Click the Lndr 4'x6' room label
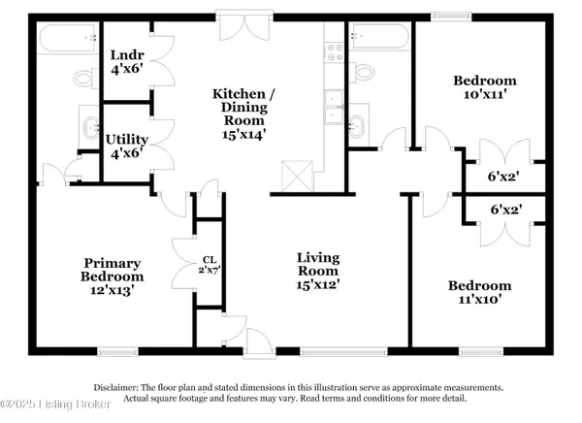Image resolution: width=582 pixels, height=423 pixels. tap(127, 62)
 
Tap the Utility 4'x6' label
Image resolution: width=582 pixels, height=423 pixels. tap(127, 146)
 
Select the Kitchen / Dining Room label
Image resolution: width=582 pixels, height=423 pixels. tap(243, 114)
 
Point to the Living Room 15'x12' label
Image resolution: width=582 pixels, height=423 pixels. tap(318, 271)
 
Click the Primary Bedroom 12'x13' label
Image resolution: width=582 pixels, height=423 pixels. tap(113, 277)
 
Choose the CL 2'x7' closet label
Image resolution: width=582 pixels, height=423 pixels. tap(210, 265)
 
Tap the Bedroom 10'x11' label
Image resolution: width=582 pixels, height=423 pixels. tap(485, 87)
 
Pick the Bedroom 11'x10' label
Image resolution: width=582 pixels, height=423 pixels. tap(480, 292)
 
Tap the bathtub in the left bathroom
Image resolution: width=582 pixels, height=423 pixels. tap(69, 38)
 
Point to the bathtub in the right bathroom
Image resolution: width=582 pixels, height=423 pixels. tap(380, 36)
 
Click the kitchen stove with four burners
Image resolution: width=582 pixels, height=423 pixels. tap(335, 52)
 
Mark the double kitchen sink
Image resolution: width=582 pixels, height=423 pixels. tap(334, 107)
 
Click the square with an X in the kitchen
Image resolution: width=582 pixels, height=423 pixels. tap(297, 176)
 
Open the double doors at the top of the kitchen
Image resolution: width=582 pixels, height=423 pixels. tap(244, 27)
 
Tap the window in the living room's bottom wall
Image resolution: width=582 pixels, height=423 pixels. tap(343, 352)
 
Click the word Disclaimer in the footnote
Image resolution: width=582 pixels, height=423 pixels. tap(115, 388)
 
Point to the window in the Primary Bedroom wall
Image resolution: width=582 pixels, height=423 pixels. tap(117, 351)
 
